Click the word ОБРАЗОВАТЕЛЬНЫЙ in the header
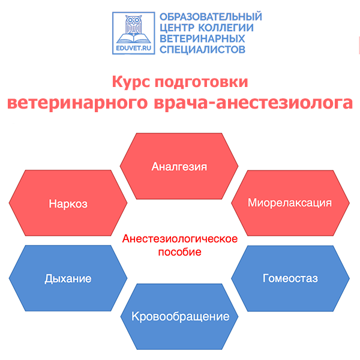tap(210, 17)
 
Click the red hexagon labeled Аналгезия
tap(179, 166)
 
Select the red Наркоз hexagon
tap(68, 203)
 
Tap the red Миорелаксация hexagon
tap(290, 202)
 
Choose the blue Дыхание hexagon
tap(68, 278)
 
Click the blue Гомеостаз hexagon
tap(290, 278)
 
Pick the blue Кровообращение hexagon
tap(180, 316)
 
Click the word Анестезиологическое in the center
tap(180, 239)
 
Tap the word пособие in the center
tap(179, 252)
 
